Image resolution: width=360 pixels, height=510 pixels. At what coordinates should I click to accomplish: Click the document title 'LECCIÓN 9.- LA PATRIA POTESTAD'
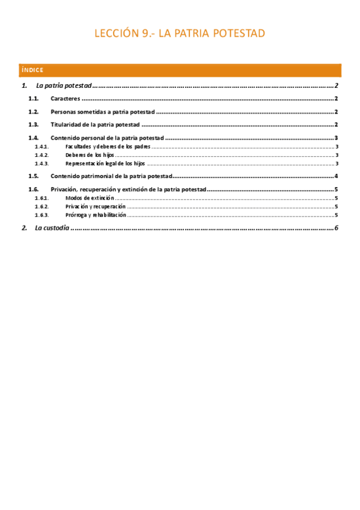pos(180,34)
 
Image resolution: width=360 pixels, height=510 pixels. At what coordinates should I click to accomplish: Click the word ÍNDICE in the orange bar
pos(31,70)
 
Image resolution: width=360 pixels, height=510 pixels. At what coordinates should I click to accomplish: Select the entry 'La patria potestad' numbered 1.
pos(64,86)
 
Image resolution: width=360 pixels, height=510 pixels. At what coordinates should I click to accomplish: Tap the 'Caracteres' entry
pos(66,99)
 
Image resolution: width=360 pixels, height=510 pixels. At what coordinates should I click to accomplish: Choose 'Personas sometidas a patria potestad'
pos(103,112)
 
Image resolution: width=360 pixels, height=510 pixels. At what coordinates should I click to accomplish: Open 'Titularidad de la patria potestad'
pos(95,125)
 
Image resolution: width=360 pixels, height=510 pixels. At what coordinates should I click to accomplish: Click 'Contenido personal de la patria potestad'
pos(107,138)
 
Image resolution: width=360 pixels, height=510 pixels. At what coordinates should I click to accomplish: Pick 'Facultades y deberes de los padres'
pos(108,147)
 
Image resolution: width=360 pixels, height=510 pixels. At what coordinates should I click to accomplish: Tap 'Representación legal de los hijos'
pos(105,164)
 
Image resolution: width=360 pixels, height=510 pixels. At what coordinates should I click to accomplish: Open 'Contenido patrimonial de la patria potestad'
pos(112,176)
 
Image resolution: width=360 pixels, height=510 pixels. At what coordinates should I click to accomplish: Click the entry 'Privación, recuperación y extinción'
pos(129,189)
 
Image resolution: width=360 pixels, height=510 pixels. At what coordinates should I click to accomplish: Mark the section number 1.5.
pos(34,176)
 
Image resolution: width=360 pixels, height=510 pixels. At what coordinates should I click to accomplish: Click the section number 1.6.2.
pos(41,206)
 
